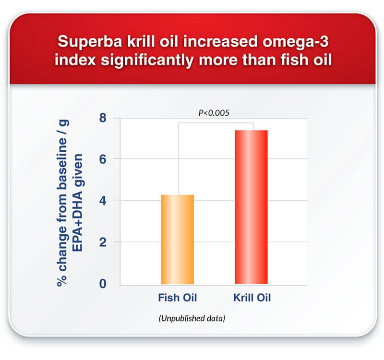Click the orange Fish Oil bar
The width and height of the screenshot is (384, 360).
point(178,240)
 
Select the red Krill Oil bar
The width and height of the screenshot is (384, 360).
point(251,207)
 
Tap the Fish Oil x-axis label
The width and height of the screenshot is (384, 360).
point(178,298)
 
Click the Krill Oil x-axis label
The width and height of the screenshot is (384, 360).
point(252,298)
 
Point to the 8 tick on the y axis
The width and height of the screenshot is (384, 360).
point(103,118)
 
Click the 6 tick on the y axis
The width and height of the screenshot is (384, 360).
point(103,159)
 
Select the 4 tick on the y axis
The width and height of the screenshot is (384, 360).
point(103,201)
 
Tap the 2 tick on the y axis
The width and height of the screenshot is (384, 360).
point(103,242)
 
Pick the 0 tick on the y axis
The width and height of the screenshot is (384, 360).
point(103,284)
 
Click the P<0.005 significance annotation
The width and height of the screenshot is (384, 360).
point(214,113)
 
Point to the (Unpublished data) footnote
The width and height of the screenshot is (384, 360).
point(192,318)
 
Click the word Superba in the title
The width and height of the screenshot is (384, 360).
point(90,42)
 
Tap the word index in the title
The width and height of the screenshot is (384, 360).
point(75,60)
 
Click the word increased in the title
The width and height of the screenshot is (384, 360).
point(220,42)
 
